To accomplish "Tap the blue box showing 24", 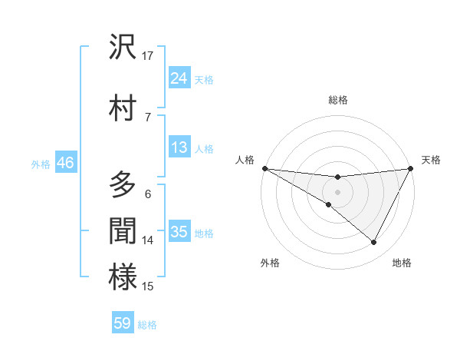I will [x=179, y=78].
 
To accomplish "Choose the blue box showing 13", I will [x=179, y=147].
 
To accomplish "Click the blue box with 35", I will [x=179, y=232].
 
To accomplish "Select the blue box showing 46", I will [x=65, y=163].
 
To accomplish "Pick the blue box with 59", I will [x=123, y=323].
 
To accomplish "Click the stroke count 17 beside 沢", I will [x=148, y=55].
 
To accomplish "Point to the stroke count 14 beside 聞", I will [x=148, y=240].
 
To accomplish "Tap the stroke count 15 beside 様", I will [x=148, y=286].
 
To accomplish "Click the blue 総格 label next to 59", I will [x=147, y=325].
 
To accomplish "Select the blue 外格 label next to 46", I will [x=41, y=164].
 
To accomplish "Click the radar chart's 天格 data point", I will [x=412, y=168].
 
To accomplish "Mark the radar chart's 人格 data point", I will [x=264, y=168].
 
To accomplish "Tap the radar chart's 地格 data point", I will [x=373, y=243].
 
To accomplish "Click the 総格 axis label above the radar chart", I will [x=338, y=100].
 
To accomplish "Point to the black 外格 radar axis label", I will [x=270, y=263].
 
